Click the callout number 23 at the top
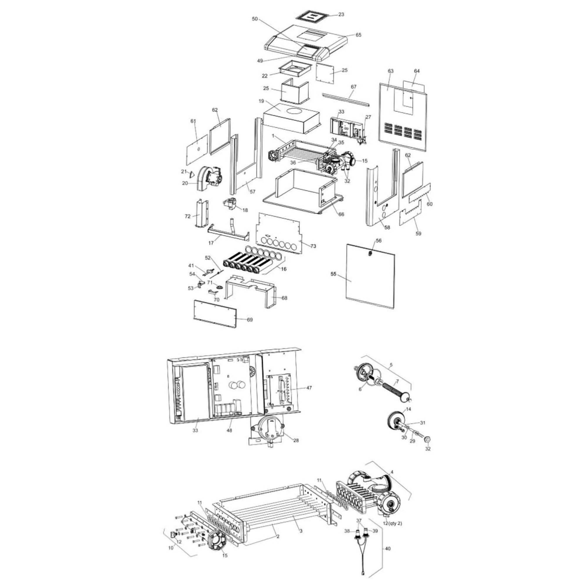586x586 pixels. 341,14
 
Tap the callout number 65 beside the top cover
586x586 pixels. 359,35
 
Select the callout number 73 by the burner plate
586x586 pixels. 313,246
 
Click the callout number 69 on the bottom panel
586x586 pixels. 250,320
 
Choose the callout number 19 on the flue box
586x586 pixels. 261,101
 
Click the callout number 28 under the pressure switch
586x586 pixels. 296,440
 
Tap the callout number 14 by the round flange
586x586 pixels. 408,409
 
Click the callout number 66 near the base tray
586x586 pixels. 341,214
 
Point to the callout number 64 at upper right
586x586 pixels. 417,71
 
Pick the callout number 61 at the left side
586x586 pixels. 193,121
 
